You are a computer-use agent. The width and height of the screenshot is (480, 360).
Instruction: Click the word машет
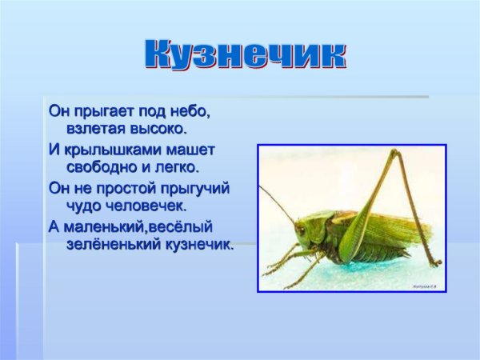[195, 150]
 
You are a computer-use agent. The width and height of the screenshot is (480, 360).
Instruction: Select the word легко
[178, 167]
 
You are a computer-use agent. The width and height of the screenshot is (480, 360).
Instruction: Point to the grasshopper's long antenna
[277, 204]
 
